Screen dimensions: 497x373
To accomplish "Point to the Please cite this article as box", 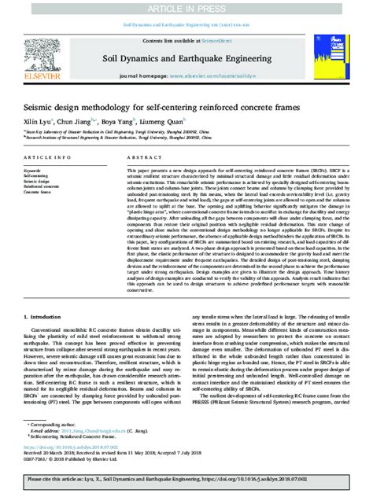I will pyautogui.click(x=186, y=478).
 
